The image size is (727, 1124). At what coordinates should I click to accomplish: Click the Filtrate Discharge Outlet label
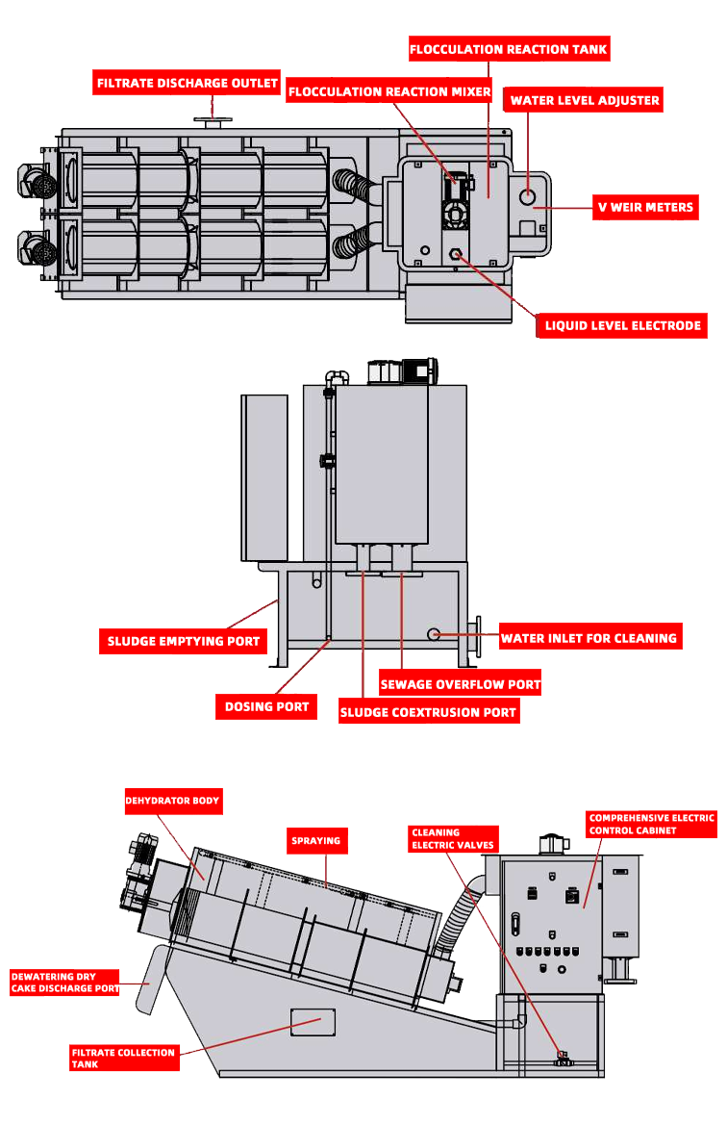pos(188,84)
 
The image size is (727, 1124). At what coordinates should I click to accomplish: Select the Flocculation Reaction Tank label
pos(509,49)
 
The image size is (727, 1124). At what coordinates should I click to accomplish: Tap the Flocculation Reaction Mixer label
pos(389,91)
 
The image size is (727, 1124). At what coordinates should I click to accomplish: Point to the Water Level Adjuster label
pos(585,100)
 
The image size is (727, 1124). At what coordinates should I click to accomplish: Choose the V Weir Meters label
pos(644,206)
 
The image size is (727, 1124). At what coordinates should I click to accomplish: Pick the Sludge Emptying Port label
pos(183,641)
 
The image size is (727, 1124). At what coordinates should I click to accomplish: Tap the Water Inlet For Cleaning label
pos(589,637)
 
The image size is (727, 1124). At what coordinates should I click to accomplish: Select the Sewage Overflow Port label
pos(460,684)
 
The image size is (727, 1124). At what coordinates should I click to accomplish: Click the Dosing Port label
pos(266,706)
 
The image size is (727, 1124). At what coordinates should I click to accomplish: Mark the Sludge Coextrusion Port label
pos(429,713)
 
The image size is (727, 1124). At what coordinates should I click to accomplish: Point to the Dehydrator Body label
pos(172,801)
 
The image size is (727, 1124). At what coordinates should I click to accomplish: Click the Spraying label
pos(316,840)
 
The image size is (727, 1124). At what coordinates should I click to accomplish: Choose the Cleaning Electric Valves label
pos(453,838)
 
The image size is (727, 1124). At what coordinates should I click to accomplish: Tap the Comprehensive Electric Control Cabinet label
pos(652,824)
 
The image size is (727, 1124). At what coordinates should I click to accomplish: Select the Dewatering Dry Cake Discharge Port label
pos(64,982)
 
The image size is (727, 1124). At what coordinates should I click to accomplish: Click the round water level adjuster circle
pos(528,196)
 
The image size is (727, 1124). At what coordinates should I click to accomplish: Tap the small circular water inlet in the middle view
pos(434,634)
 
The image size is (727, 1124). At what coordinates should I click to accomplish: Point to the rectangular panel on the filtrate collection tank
pos(313,1021)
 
